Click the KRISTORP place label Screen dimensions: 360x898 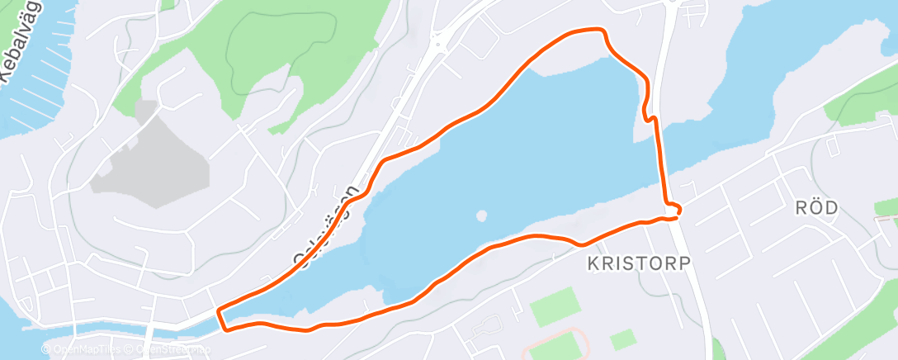coord(637,263)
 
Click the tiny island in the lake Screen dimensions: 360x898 coord(481,216)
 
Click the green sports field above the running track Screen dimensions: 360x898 coord(555,306)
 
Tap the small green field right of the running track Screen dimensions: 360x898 coord(623,339)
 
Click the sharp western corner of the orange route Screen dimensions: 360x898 coord(218,311)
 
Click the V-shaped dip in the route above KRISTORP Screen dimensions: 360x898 coord(583,244)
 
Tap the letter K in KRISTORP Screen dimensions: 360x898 coord(592,263)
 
